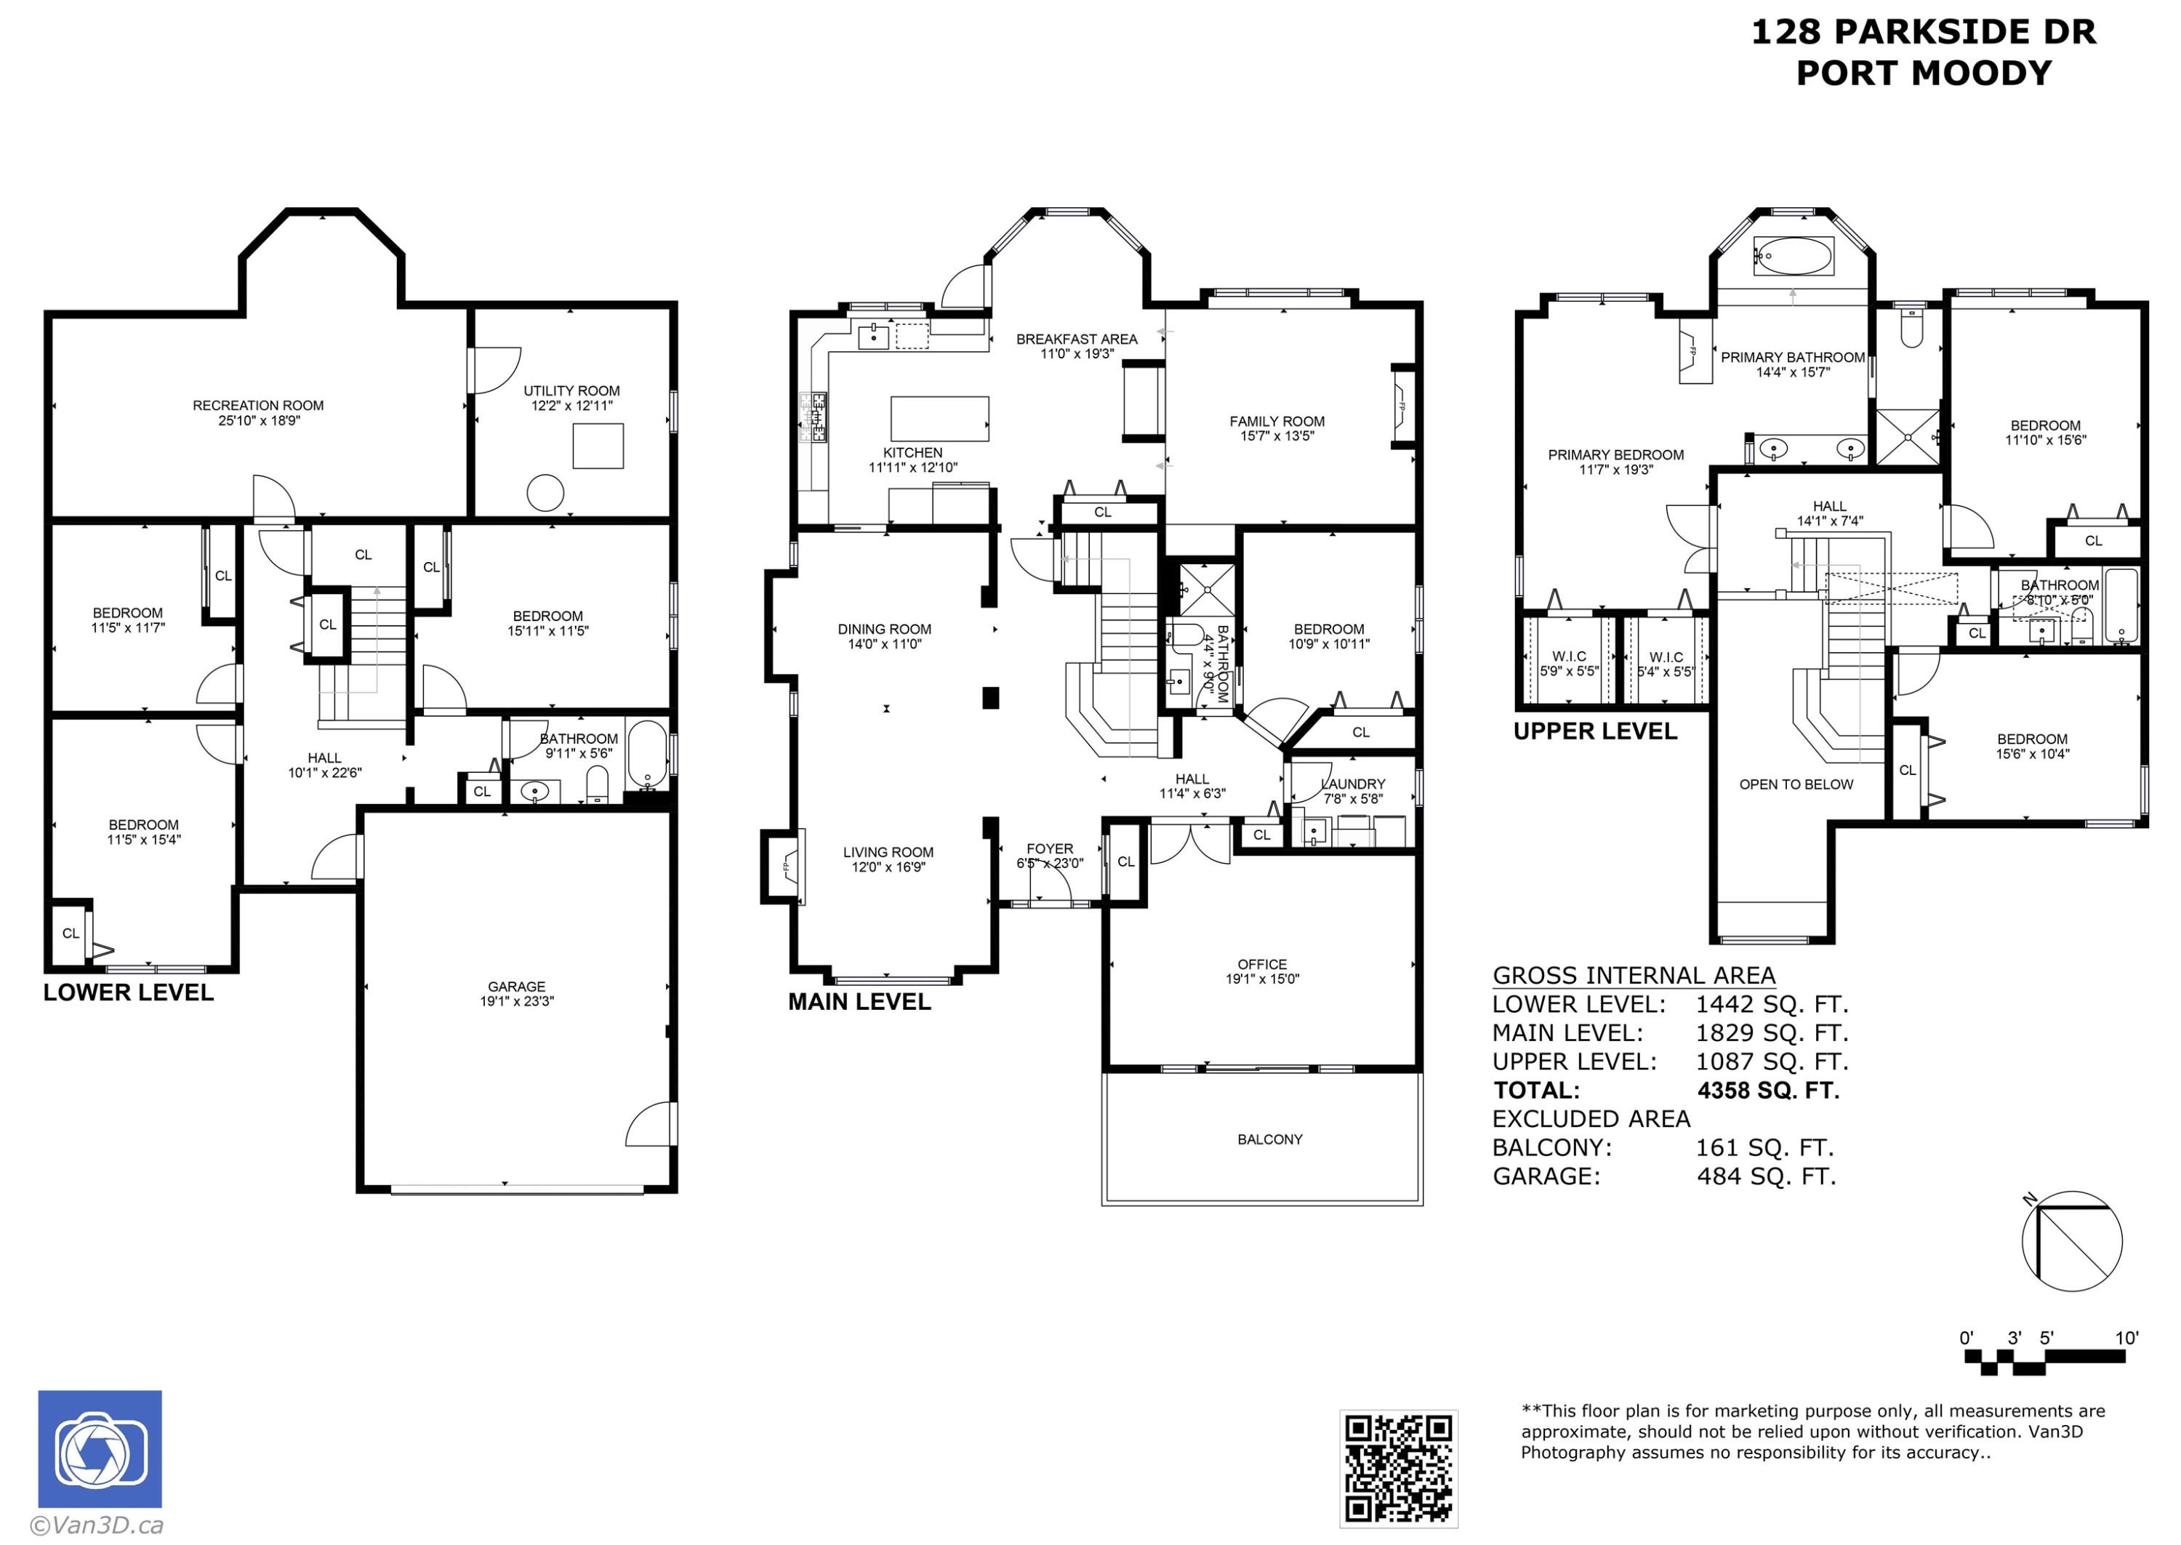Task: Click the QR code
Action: point(1397,1468)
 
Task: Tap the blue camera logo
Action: point(99,1448)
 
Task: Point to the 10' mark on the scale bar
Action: point(2126,1338)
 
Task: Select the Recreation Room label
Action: point(258,405)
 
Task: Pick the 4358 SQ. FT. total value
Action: point(1768,1091)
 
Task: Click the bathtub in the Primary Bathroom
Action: point(1793,256)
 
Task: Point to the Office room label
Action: point(1261,964)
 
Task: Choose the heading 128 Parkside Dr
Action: point(1922,31)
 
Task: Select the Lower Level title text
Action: point(129,992)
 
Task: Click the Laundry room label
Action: point(1354,784)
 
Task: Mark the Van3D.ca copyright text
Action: point(98,1525)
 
